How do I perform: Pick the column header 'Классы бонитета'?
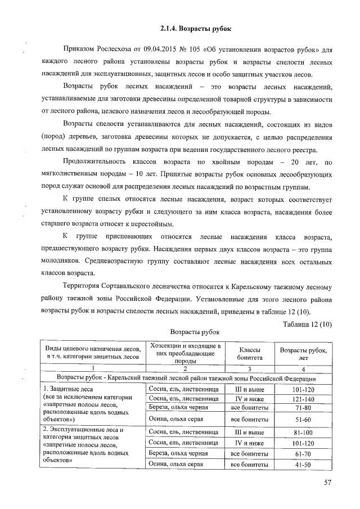tap(249, 353)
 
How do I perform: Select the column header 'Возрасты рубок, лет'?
tap(303, 353)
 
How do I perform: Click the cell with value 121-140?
tap(303, 398)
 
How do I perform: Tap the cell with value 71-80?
tap(303, 407)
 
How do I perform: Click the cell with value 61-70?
tap(303, 453)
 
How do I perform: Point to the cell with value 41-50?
tap(303, 464)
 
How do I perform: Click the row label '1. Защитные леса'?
tap(70, 389)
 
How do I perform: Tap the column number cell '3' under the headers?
tap(249, 369)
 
